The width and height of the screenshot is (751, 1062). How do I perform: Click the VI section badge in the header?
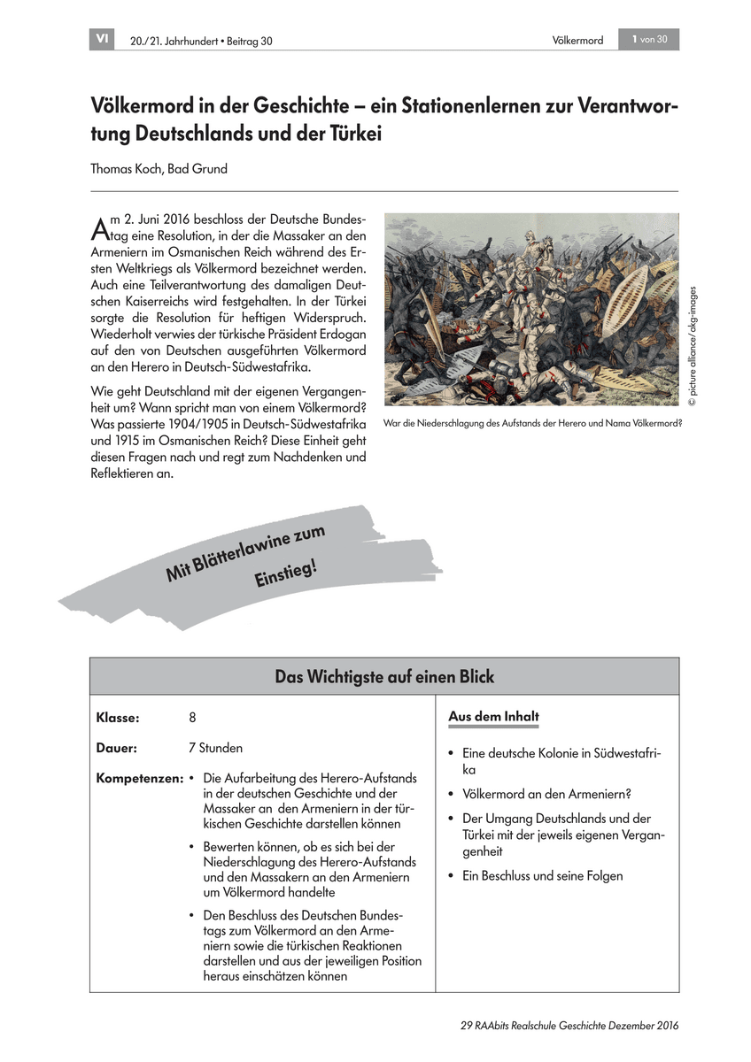[x=102, y=39]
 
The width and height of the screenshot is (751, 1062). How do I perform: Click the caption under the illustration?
[x=532, y=423]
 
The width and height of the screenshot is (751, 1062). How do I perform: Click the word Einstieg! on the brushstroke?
[x=285, y=575]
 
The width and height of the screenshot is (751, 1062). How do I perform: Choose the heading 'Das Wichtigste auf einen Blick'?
[x=384, y=677]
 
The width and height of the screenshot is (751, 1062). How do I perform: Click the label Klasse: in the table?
[x=118, y=717]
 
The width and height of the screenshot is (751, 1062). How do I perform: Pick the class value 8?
[x=192, y=717]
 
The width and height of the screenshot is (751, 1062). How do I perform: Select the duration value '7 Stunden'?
[x=215, y=748]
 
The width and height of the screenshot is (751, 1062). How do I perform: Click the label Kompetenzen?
[x=139, y=779]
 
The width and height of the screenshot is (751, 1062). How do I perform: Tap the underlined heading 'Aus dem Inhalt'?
[x=493, y=717]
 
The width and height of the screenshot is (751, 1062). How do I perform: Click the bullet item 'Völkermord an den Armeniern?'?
[x=546, y=794]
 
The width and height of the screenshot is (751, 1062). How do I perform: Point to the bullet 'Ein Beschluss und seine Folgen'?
[x=542, y=876]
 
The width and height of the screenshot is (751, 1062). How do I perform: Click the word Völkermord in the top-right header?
[x=577, y=40]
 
